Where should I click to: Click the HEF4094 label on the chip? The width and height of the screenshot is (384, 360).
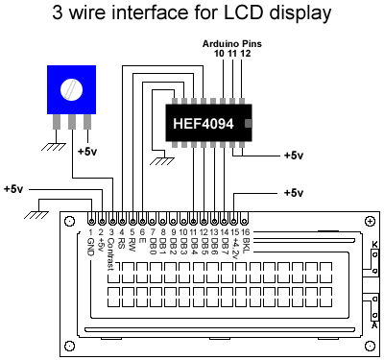tap(204, 124)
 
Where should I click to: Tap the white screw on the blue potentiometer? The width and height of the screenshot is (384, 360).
tap(71, 90)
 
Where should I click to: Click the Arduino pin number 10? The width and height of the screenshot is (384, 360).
tap(219, 53)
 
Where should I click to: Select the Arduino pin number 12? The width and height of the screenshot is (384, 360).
tap(246, 53)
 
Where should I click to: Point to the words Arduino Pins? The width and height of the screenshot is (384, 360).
tap(232, 44)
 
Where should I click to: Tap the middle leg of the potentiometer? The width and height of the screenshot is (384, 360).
tap(72, 122)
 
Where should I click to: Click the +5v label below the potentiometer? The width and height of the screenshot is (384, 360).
tap(87, 151)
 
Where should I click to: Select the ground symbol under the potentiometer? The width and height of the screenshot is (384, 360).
tap(54, 147)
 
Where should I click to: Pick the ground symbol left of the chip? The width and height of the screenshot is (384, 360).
tap(162, 161)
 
